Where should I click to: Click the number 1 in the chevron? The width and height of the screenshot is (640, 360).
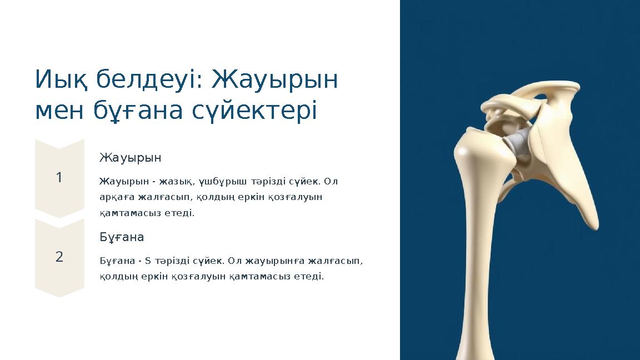pyautogui.click(x=59, y=178)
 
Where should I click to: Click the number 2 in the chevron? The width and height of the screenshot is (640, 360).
pyautogui.click(x=59, y=257)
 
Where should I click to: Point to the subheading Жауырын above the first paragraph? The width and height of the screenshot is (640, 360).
pyautogui.click(x=130, y=158)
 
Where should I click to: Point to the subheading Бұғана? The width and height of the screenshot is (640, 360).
pyautogui.click(x=122, y=237)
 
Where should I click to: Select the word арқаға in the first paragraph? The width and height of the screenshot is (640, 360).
pyautogui.click(x=114, y=197)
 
